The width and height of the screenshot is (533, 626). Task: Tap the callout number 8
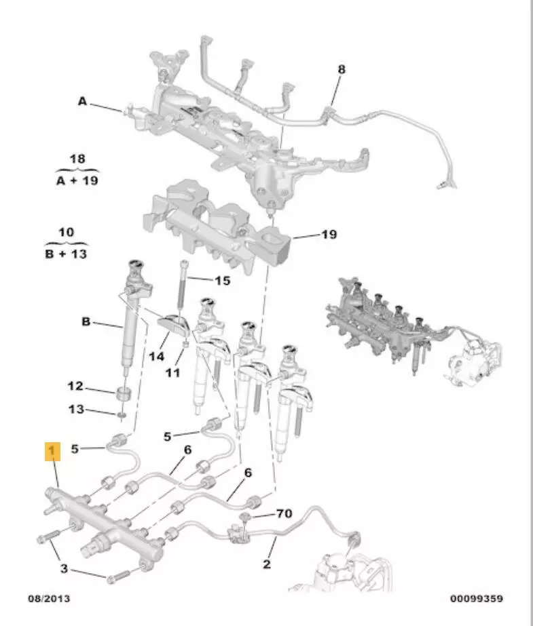pyautogui.click(x=341, y=69)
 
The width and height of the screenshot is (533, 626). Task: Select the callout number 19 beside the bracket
pyautogui.click(x=329, y=235)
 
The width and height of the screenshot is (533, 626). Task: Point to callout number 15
pyautogui.click(x=222, y=280)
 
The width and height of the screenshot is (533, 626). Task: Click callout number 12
pyautogui.click(x=75, y=387)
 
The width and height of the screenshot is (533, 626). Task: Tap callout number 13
pyautogui.click(x=75, y=409)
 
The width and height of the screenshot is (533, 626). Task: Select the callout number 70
pyautogui.click(x=283, y=513)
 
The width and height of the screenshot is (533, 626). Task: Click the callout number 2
pyautogui.click(x=267, y=564)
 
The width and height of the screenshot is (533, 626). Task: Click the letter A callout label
pyautogui.click(x=82, y=102)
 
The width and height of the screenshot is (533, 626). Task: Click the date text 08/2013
pyautogui.click(x=48, y=599)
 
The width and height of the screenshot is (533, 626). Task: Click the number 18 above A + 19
pyautogui.click(x=78, y=159)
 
